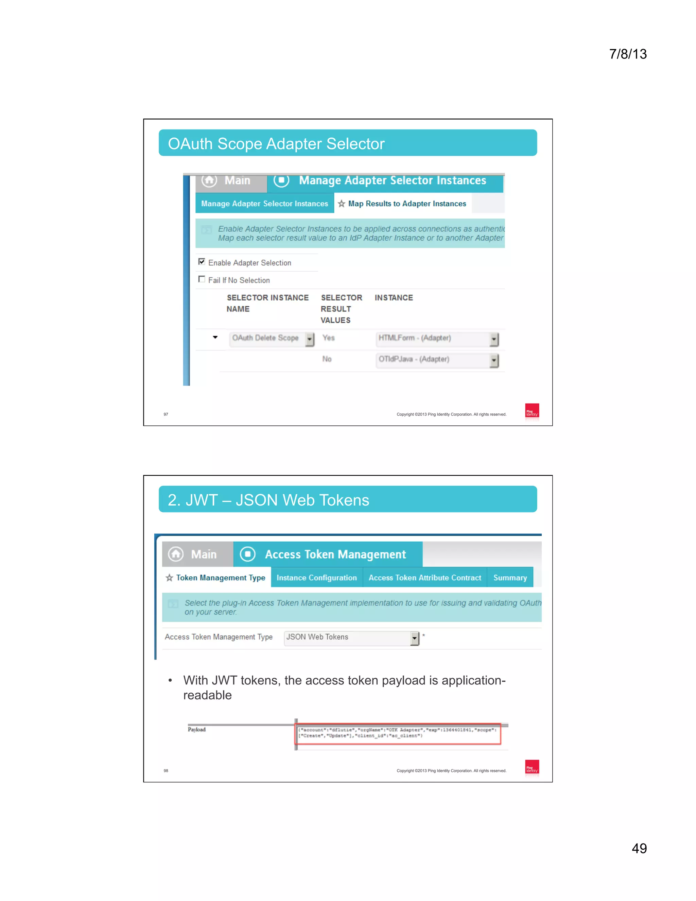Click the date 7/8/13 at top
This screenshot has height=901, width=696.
(x=628, y=54)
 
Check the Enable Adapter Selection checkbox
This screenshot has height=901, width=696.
(x=202, y=261)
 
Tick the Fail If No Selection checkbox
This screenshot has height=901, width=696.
(x=202, y=279)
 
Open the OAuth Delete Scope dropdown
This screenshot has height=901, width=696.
(x=272, y=339)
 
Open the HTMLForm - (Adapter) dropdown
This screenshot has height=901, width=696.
(x=437, y=339)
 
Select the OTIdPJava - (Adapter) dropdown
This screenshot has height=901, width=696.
(x=437, y=360)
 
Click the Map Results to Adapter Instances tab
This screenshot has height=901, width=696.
(x=402, y=204)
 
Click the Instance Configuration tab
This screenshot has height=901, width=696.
(x=316, y=578)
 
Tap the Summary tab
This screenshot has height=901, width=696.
(x=510, y=578)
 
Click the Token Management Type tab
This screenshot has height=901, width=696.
(x=216, y=578)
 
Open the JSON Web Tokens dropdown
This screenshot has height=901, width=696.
(x=352, y=638)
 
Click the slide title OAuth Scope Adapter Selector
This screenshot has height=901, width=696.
(x=276, y=143)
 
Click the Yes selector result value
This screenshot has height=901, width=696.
(x=328, y=338)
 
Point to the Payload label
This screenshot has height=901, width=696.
(x=197, y=729)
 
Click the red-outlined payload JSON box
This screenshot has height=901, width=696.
(x=398, y=733)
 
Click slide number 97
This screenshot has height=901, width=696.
(x=166, y=414)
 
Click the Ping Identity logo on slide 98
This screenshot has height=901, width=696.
(x=532, y=767)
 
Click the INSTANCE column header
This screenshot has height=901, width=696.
(x=393, y=298)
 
